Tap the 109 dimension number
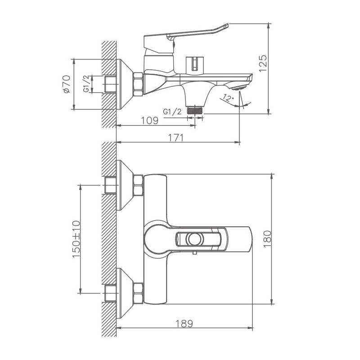point(149,120)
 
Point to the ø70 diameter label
point(66,84)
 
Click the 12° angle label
point(229,98)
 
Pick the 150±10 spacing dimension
point(75,239)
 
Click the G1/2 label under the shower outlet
point(172,112)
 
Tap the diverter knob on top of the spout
point(195,63)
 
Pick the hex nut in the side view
point(138,84)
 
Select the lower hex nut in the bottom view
point(138,292)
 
